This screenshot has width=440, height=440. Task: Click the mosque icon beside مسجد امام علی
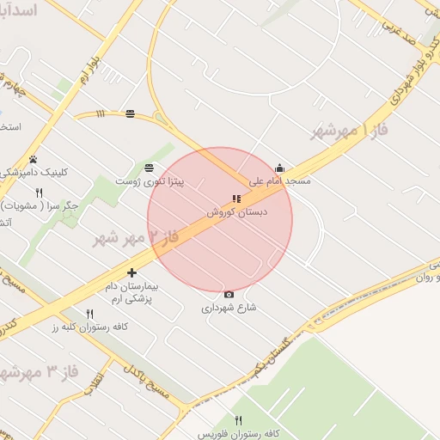[279, 168]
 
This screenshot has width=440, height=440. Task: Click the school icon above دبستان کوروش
[236, 199]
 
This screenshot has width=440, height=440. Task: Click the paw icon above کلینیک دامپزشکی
[34, 159]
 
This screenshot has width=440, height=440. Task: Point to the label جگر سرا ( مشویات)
[40, 206]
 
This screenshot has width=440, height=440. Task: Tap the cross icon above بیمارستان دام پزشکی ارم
[131, 272]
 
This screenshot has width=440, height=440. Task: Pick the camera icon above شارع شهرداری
[229, 295]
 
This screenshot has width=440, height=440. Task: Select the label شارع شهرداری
[229, 307]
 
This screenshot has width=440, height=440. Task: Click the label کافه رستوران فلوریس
[238, 433]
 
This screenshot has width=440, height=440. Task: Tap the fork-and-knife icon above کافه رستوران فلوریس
[238, 420]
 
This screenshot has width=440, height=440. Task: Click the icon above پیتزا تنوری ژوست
[150, 168]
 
